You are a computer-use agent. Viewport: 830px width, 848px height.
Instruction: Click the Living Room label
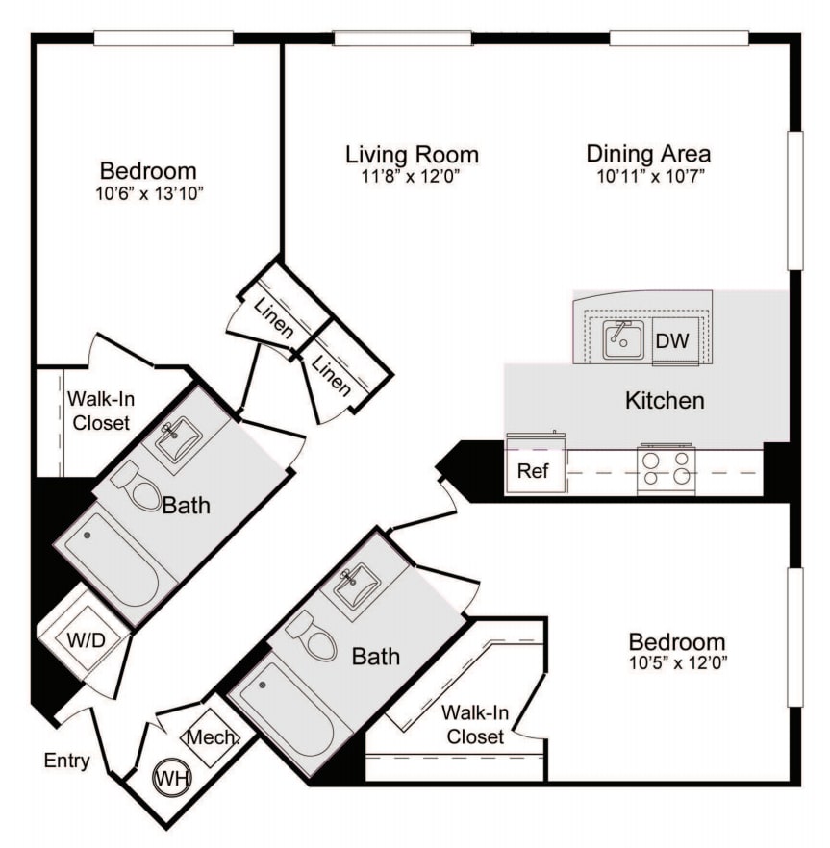click(x=412, y=154)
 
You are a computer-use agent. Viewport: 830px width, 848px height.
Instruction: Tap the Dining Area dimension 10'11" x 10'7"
click(x=648, y=176)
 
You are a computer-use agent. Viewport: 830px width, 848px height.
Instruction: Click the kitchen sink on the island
click(x=623, y=339)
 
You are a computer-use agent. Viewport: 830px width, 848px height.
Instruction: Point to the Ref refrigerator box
click(x=533, y=471)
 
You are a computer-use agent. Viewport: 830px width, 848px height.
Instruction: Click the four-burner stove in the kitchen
click(x=667, y=468)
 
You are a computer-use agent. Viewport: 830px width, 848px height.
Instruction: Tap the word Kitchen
click(x=665, y=400)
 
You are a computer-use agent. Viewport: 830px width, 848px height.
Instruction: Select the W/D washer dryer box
click(x=84, y=638)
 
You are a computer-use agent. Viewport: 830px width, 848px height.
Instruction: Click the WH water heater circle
click(x=171, y=776)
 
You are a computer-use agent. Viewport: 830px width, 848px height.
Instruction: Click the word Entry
click(x=67, y=761)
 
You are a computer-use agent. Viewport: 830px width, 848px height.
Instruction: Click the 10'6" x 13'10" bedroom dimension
click(x=148, y=193)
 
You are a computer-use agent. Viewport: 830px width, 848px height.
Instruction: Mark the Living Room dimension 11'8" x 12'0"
click(x=412, y=176)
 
